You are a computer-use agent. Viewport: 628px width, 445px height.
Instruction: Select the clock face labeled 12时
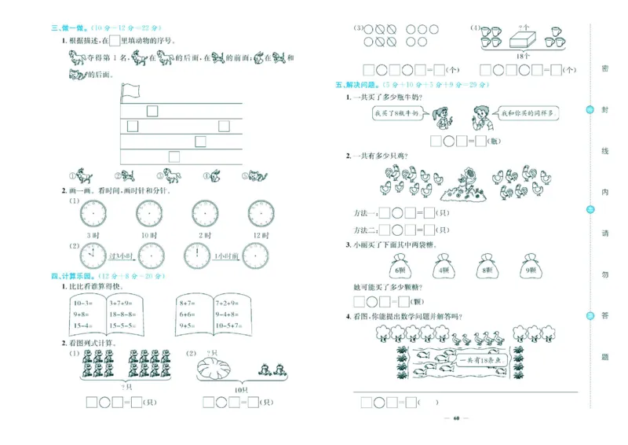pos(260,213)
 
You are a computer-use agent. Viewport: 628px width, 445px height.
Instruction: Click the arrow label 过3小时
pos(120,256)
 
